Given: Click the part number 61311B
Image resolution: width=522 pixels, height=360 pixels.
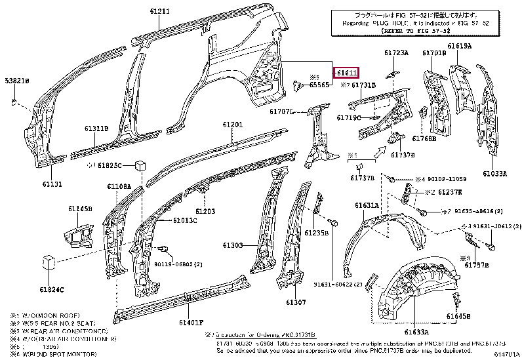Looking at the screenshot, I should click(96, 129).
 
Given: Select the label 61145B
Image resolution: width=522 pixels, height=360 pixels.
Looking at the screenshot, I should click(79, 209).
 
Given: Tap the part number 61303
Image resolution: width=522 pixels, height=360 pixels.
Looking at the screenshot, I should click(232, 245).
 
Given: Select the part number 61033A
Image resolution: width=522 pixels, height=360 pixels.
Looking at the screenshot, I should click(494, 174).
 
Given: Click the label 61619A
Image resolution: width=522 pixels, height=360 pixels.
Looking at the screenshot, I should click(460, 46).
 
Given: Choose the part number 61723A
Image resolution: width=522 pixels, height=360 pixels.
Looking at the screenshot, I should click(396, 52).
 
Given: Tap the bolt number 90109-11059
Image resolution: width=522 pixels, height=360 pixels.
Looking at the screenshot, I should click(449, 179).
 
